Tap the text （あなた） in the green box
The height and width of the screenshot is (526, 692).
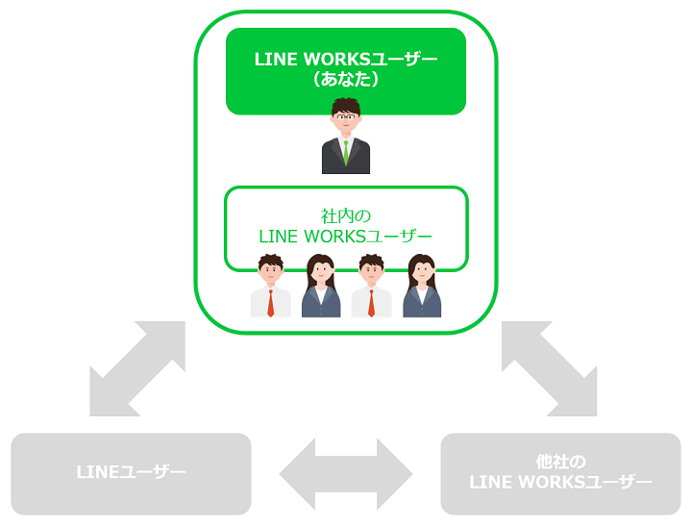click(x=346, y=80)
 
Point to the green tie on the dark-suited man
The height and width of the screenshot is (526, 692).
click(x=346, y=151)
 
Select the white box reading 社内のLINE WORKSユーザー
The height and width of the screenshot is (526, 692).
click(x=346, y=228)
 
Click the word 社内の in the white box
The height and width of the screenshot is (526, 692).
click(x=346, y=215)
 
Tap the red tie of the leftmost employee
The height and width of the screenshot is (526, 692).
click(x=271, y=302)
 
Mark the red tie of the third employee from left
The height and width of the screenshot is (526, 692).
click(x=372, y=302)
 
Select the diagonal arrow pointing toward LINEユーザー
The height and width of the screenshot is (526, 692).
click(x=136, y=369)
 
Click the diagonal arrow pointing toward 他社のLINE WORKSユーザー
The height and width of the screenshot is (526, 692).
click(x=550, y=369)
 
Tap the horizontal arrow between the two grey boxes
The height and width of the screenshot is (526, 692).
click(x=346, y=474)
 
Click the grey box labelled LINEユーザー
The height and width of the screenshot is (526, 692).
click(x=131, y=473)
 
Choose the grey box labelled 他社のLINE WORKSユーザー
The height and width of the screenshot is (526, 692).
click(x=560, y=473)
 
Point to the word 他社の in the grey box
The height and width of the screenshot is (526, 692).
click(x=561, y=461)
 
